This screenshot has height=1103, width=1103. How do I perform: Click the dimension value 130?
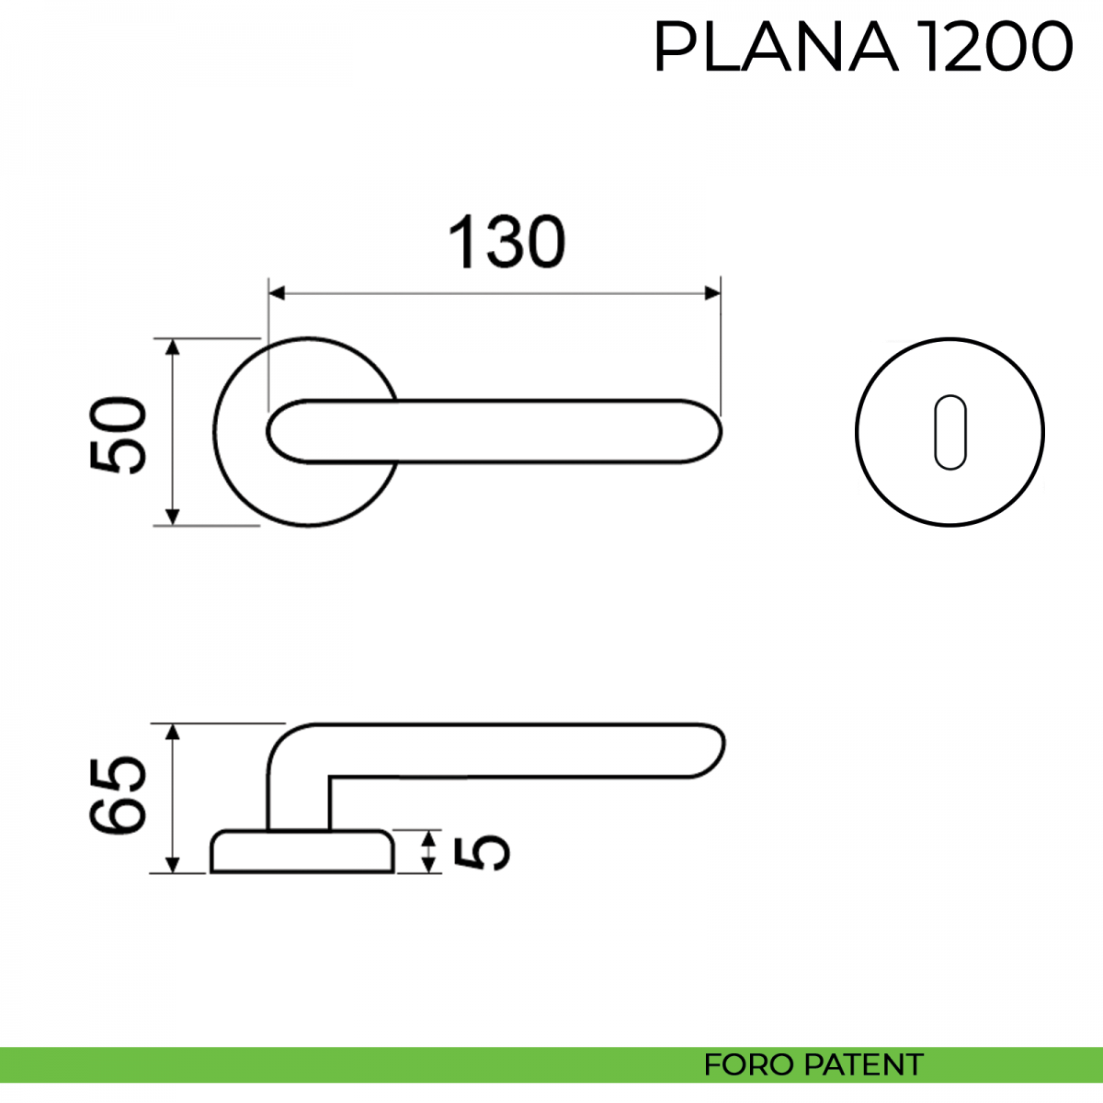tap(506, 242)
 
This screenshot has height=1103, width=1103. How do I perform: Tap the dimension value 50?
tap(119, 435)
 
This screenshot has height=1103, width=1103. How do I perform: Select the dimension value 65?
tap(119, 795)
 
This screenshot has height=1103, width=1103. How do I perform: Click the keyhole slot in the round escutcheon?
tap(950, 432)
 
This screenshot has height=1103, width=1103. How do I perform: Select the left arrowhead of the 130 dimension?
tap(277, 293)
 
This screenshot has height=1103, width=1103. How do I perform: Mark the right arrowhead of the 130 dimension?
tap(712, 293)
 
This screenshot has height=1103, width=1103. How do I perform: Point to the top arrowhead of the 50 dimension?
tap(172, 347)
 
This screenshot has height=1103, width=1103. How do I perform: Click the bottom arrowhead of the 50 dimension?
tap(172, 517)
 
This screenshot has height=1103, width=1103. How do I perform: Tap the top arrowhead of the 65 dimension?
tap(172, 732)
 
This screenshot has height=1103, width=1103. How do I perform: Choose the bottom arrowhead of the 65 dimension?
tap(172, 865)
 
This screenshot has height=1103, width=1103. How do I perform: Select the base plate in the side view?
tap(302, 851)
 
